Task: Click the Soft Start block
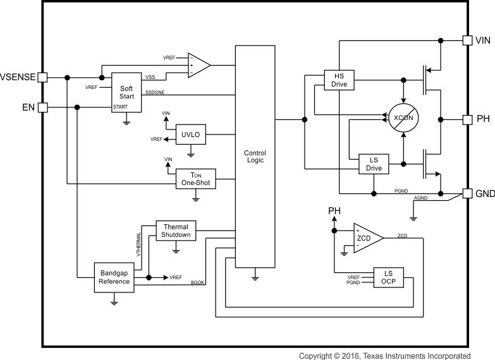[x=126, y=93]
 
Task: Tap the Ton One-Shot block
[x=195, y=179]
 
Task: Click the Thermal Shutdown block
[x=176, y=231]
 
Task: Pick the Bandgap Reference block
[x=114, y=277]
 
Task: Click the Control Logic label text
[x=255, y=157]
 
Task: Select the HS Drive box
[x=339, y=80]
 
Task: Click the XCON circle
[x=403, y=118]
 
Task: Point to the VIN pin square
[x=467, y=40]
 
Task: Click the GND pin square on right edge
[x=467, y=193]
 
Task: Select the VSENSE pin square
[x=43, y=78]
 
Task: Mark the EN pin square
[x=43, y=107]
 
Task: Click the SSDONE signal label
[x=156, y=92]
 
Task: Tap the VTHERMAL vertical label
[x=137, y=244]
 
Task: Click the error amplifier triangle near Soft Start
[x=199, y=64]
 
